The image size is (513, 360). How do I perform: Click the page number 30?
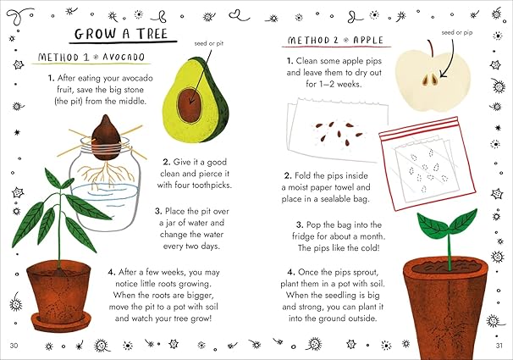(x=13, y=346)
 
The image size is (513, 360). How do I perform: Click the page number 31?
(x=499, y=346)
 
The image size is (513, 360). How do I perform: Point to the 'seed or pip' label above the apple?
(x=457, y=33)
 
